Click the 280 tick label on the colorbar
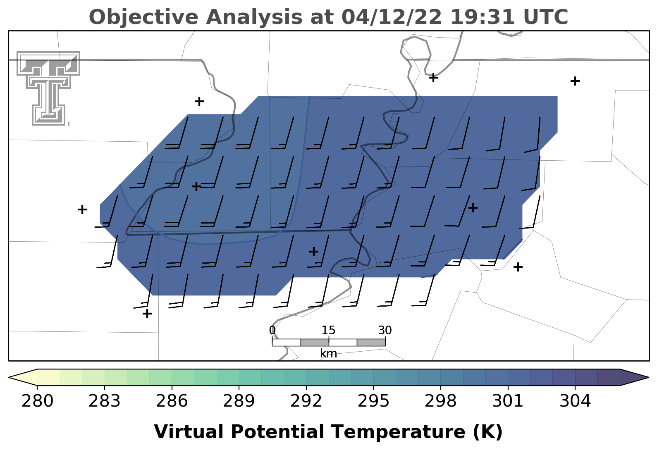click(x=37, y=401)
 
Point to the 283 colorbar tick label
click(x=105, y=401)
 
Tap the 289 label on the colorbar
click(x=239, y=401)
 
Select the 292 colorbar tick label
click(x=306, y=401)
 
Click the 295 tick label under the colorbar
click(x=373, y=401)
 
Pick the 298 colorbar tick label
click(x=440, y=401)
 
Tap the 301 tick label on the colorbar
click(x=508, y=401)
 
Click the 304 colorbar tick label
click(x=575, y=401)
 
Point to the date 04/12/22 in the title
click(x=392, y=17)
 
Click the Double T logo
click(x=48, y=88)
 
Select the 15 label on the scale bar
click(x=328, y=331)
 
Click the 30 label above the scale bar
click(x=385, y=331)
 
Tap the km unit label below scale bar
click(x=328, y=353)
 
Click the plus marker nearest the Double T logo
click(x=199, y=101)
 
